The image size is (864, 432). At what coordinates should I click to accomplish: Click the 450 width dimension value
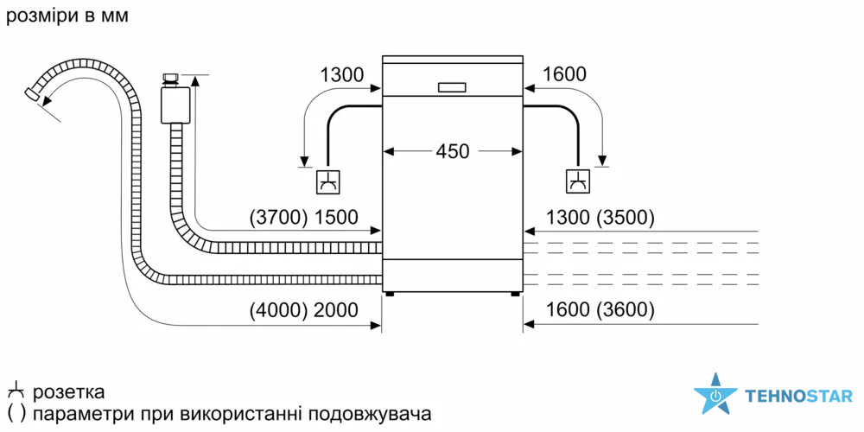pos(452,151)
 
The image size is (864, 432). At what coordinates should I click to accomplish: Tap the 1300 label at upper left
pos(341,75)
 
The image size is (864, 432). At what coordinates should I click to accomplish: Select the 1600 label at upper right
pos(564,75)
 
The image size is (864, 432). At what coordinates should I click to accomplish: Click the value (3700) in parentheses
pos(277,218)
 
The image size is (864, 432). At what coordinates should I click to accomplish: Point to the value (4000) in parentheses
pos(277,310)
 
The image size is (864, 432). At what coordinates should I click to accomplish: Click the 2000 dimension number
pos(335,310)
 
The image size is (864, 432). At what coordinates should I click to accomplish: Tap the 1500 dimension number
pos(335,218)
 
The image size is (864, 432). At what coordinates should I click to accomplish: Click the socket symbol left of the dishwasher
pos(328,181)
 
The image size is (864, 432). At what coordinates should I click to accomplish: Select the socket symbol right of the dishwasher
pos(577,181)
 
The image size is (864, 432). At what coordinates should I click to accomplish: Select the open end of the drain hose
pos(32,93)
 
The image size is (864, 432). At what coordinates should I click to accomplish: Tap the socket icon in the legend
pos(15,391)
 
